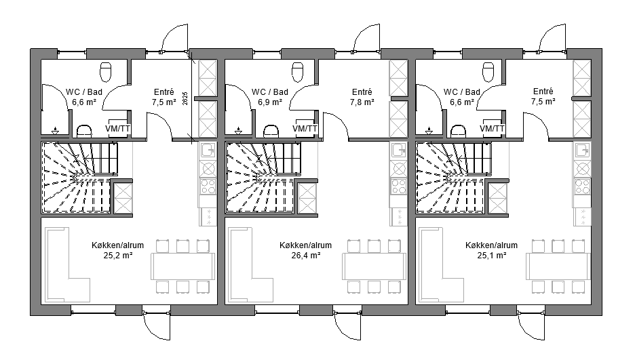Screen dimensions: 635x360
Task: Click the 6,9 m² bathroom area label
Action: click(x=270, y=102)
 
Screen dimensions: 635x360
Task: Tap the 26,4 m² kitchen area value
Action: click(x=306, y=255)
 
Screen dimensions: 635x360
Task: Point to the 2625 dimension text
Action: click(x=185, y=99)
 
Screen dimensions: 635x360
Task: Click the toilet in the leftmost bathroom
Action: click(x=105, y=72)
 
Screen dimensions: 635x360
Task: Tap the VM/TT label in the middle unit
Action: click(x=305, y=129)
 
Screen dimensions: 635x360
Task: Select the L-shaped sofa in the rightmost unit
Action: click(x=442, y=265)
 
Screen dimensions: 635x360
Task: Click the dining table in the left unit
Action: click(x=182, y=266)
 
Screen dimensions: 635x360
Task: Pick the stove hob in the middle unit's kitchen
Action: click(x=399, y=186)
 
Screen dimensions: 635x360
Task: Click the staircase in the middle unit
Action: click(x=263, y=177)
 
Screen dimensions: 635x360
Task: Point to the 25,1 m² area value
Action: click(x=492, y=255)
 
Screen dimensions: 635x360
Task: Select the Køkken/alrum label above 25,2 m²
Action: click(x=117, y=245)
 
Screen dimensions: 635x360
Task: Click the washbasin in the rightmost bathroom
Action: click(x=459, y=131)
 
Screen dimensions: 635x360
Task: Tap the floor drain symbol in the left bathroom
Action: click(x=55, y=130)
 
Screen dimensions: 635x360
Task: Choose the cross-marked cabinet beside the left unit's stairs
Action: click(x=122, y=198)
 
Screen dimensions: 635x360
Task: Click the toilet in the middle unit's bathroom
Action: click(x=297, y=72)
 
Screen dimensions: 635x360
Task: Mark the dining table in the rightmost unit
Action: click(x=558, y=266)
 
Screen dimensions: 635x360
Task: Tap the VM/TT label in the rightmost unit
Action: click(x=492, y=129)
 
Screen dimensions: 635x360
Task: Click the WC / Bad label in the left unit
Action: click(x=84, y=92)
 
